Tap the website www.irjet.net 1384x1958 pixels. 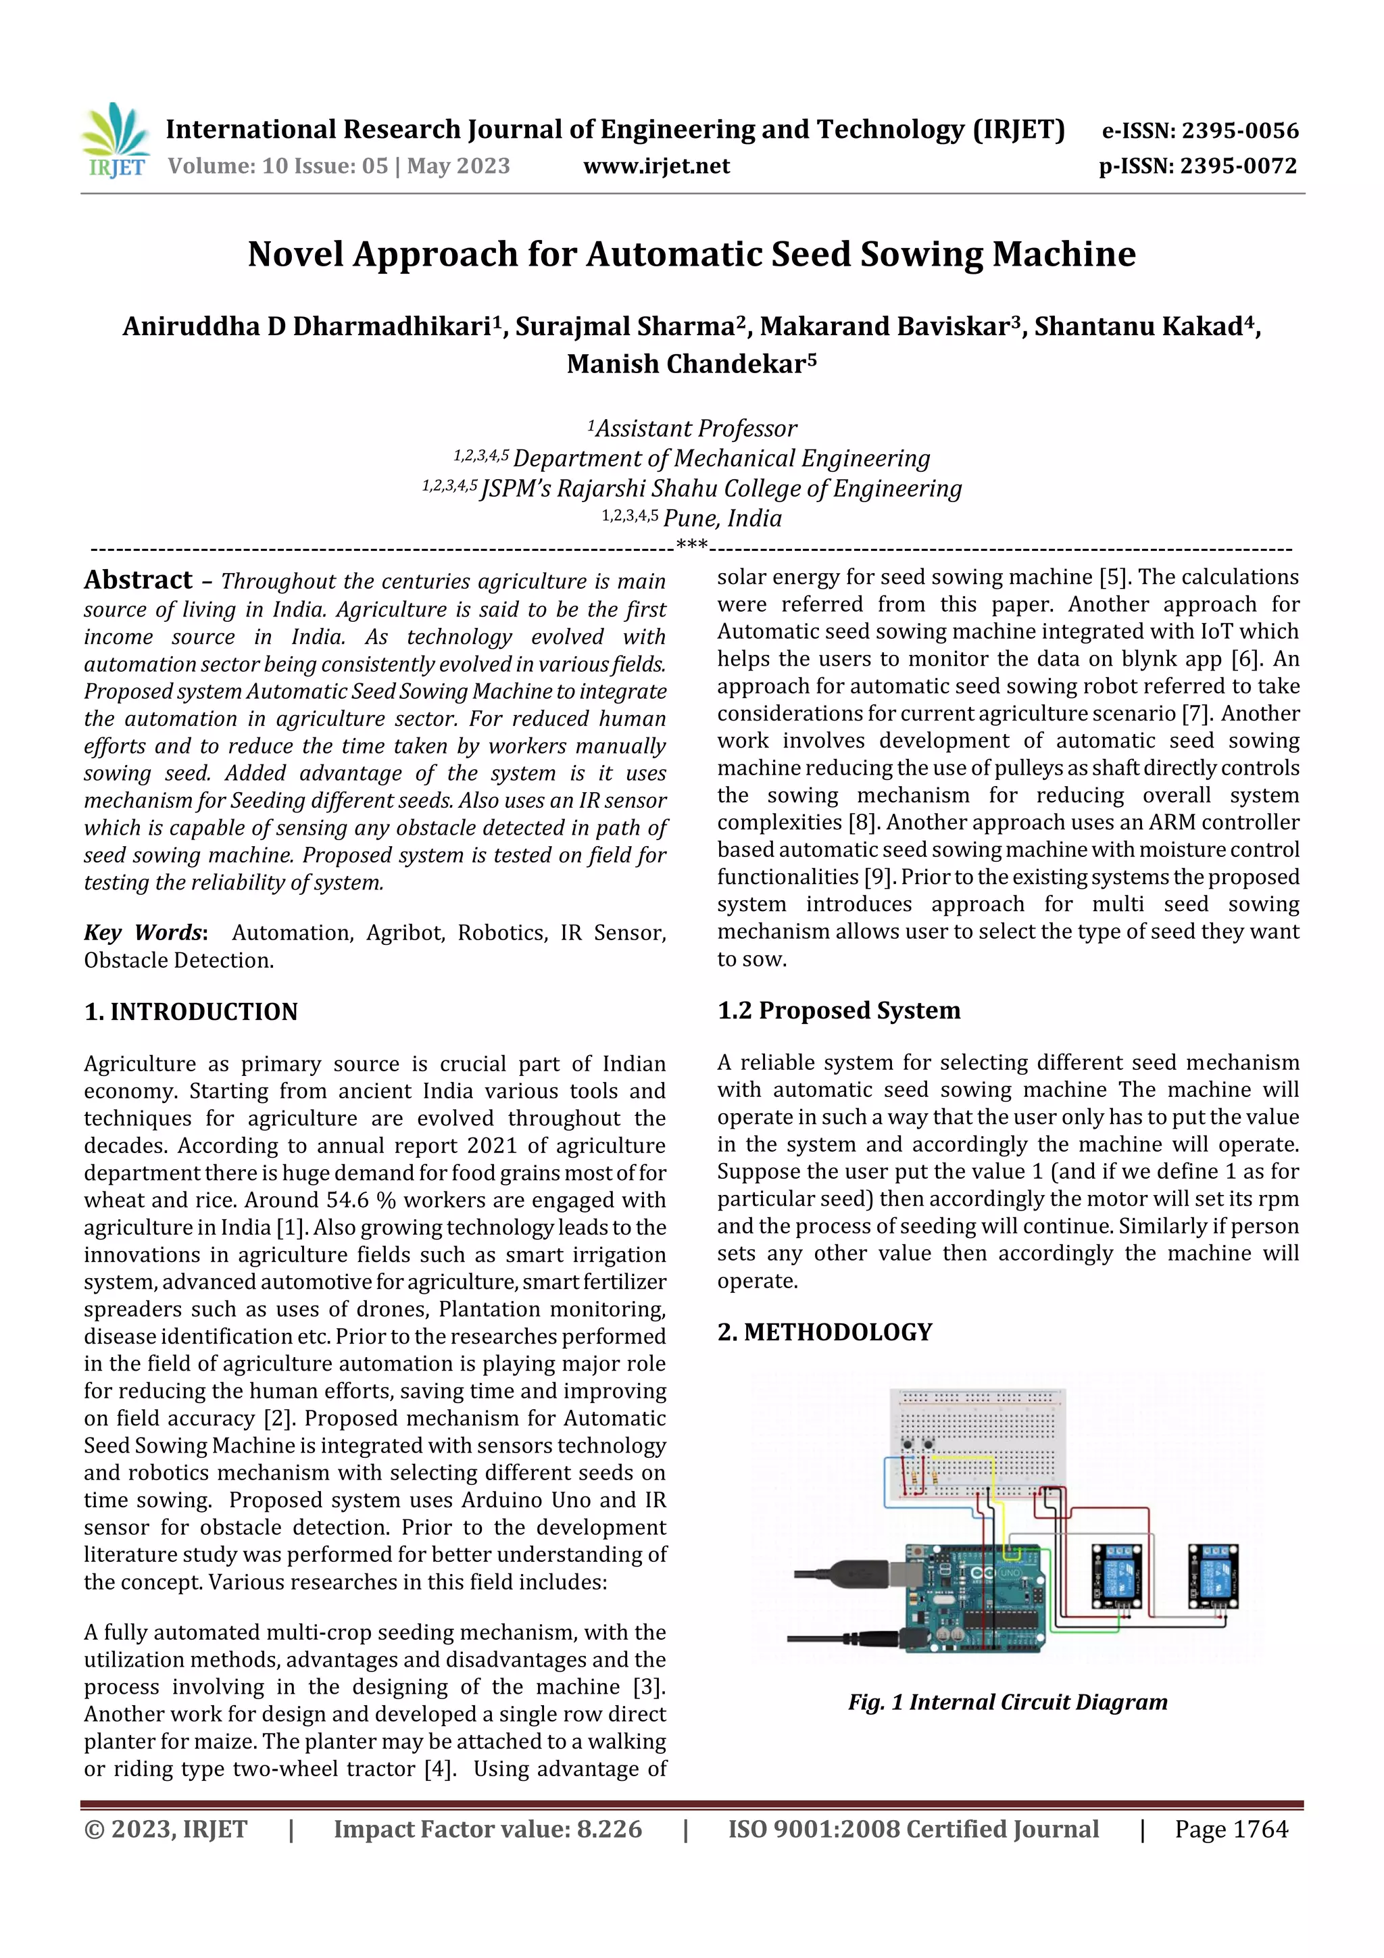pyautogui.click(x=656, y=166)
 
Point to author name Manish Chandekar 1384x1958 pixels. pyautogui.click(x=691, y=364)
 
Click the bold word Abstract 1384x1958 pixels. pyautogui.click(x=138, y=580)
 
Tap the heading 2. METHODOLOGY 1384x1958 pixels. pyautogui.click(x=824, y=1332)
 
